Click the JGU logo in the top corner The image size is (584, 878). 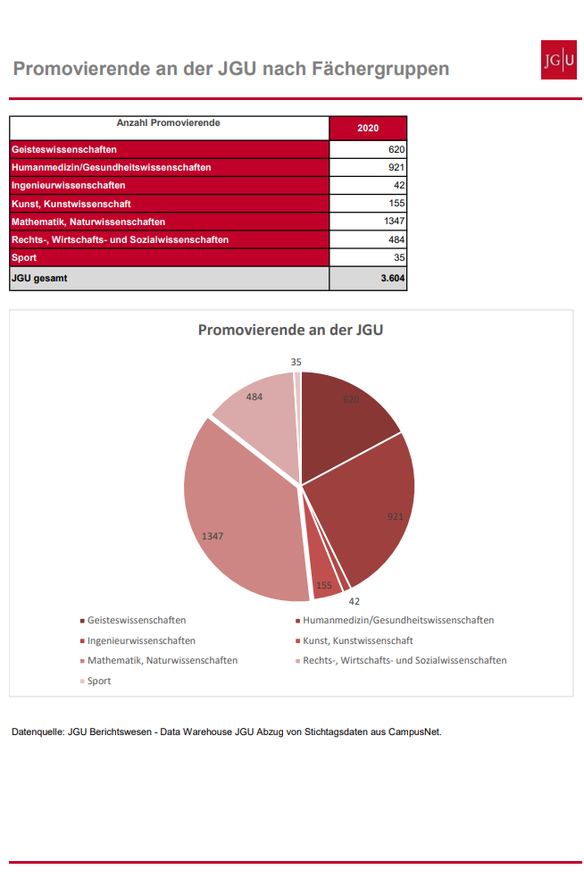(x=558, y=60)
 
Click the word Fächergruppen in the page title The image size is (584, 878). (x=380, y=69)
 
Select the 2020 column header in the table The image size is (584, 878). (x=368, y=129)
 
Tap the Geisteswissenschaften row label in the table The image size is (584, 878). (x=64, y=149)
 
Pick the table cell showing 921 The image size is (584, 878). (x=368, y=167)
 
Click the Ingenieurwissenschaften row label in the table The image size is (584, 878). (x=68, y=186)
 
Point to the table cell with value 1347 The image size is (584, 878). (x=368, y=222)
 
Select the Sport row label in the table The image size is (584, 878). (x=24, y=257)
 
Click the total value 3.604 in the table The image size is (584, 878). (x=393, y=279)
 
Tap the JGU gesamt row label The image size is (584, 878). (x=39, y=279)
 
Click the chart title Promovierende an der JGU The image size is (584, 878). (x=290, y=330)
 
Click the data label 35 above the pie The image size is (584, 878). (x=296, y=363)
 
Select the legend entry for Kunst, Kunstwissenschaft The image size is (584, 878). (x=355, y=640)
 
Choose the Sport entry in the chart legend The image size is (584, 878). (x=96, y=681)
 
